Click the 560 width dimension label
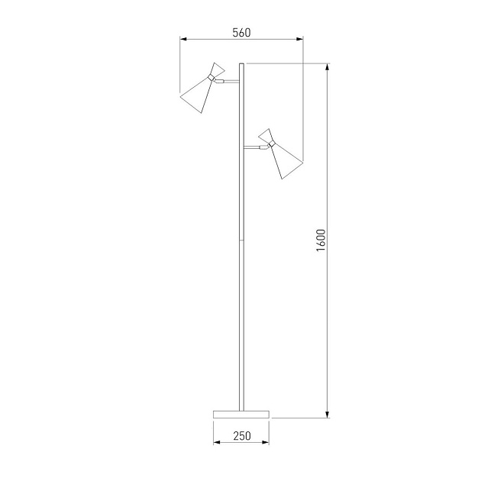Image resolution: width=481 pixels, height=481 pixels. pyautogui.click(x=241, y=33)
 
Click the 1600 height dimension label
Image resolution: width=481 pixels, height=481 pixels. pyautogui.click(x=321, y=240)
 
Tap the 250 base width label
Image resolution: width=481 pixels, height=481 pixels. pyautogui.click(x=242, y=436)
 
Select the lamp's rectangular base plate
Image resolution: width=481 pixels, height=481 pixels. pyautogui.click(x=241, y=414)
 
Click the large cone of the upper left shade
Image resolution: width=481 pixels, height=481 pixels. pyautogui.click(x=196, y=95)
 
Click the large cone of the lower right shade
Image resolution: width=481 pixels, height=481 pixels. pyautogui.click(x=286, y=161)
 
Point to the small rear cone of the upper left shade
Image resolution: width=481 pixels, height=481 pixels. pyautogui.click(x=218, y=69)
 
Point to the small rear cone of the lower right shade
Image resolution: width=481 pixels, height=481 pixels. pyautogui.click(x=266, y=136)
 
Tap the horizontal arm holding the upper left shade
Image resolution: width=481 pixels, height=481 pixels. pyautogui.click(x=228, y=81)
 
